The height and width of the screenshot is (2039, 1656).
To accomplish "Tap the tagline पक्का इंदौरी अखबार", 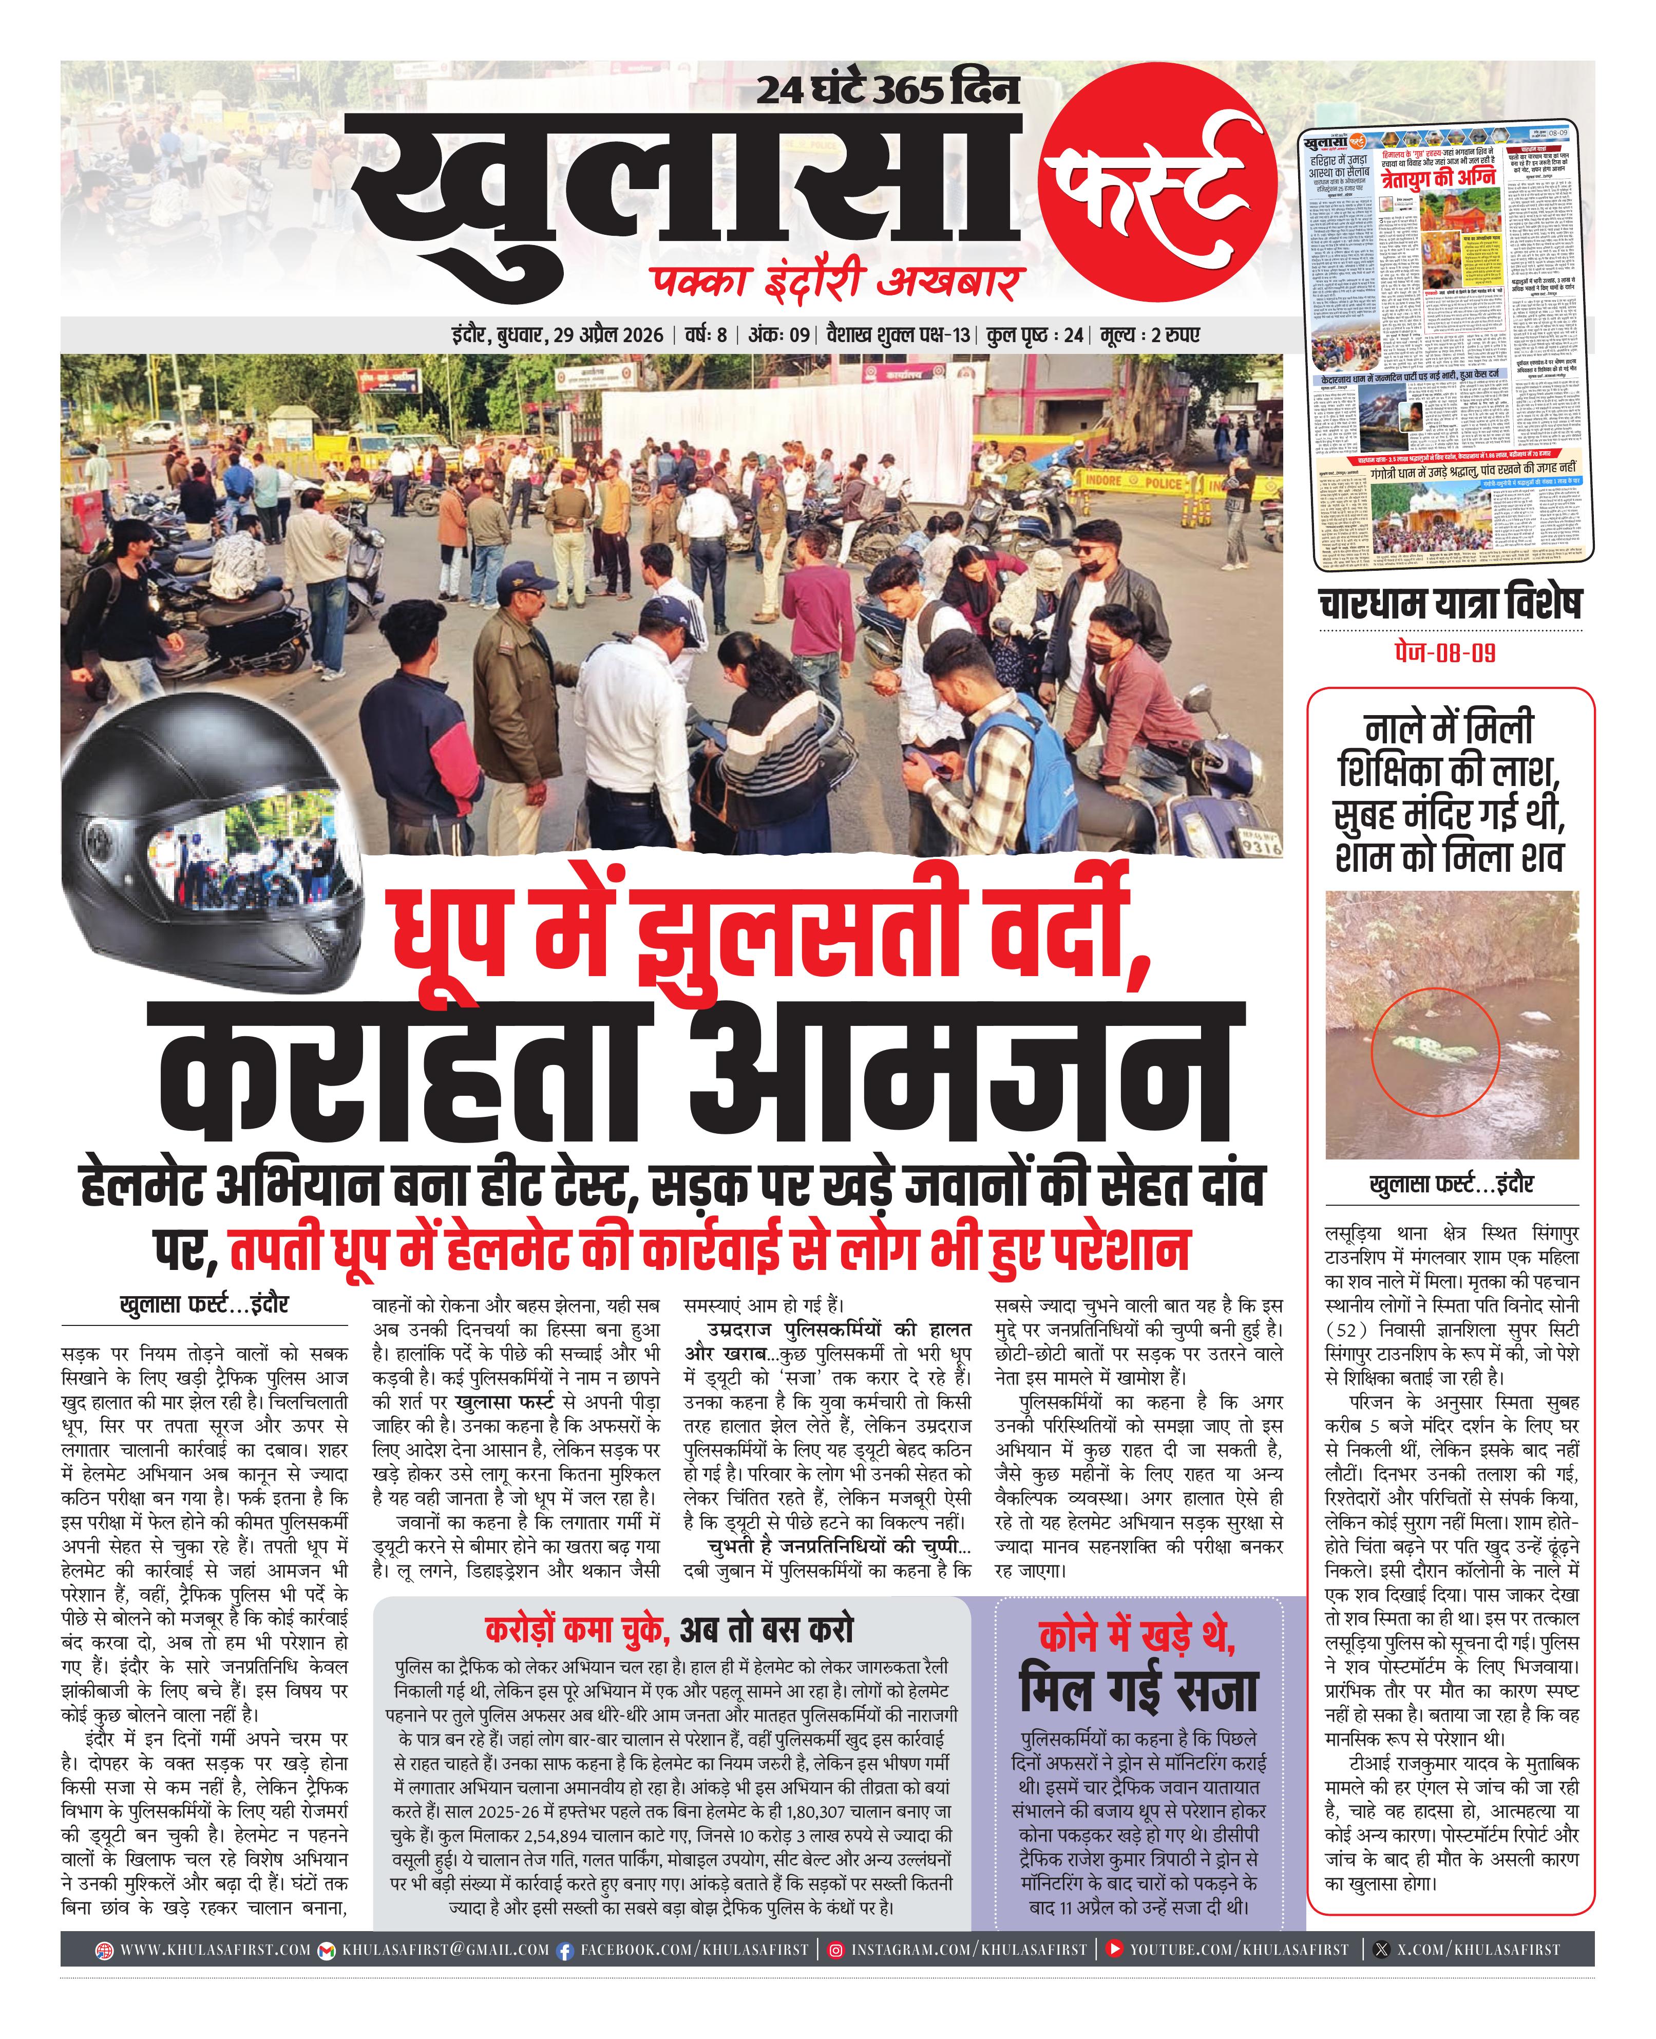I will (835, 284).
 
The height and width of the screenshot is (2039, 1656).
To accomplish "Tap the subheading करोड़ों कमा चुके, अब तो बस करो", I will (668, 1630).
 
